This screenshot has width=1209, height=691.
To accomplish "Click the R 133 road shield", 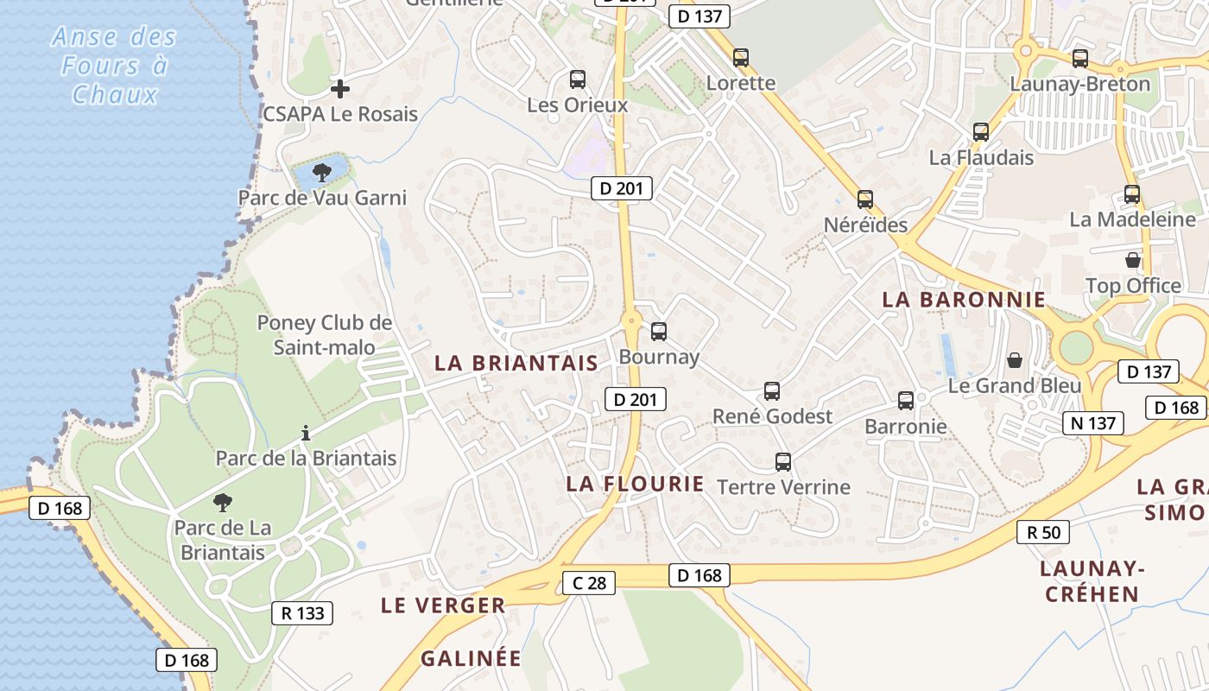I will coord(302,613).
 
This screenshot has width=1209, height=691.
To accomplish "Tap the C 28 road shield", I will coord(589,583).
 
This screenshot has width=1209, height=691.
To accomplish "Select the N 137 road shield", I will coord(1093,423).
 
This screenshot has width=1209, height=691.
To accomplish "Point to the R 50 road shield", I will coord(1043,532).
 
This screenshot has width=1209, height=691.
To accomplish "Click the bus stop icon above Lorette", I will coord(741,58).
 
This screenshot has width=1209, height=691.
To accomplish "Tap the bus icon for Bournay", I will coord(659,331).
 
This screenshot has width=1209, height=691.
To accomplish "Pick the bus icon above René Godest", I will coord(772,391).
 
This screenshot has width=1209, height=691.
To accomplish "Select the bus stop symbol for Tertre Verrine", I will coord(783,462).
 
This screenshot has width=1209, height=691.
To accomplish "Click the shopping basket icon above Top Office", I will coord(1133,260).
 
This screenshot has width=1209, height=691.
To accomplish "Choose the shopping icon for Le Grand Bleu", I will coord(1015,359).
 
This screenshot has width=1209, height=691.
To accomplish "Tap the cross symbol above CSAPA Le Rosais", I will coord(340,88).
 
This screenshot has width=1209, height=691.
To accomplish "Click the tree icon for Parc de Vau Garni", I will coord(322,172).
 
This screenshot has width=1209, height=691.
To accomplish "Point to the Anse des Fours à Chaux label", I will coord(114,66).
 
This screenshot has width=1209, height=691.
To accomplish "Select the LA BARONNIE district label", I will coord(963,300).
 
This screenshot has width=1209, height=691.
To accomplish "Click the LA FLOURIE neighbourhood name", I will coord(636,484).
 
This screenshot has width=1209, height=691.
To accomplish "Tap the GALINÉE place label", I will coord(471,658).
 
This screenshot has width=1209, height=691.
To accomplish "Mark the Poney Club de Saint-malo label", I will coord(325,335).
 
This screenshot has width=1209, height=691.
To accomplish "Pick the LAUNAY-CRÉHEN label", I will coord(1092,580).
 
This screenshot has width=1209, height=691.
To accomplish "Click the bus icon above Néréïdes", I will coord(865,200).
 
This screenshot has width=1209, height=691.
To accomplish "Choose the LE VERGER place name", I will coord(443,605).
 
